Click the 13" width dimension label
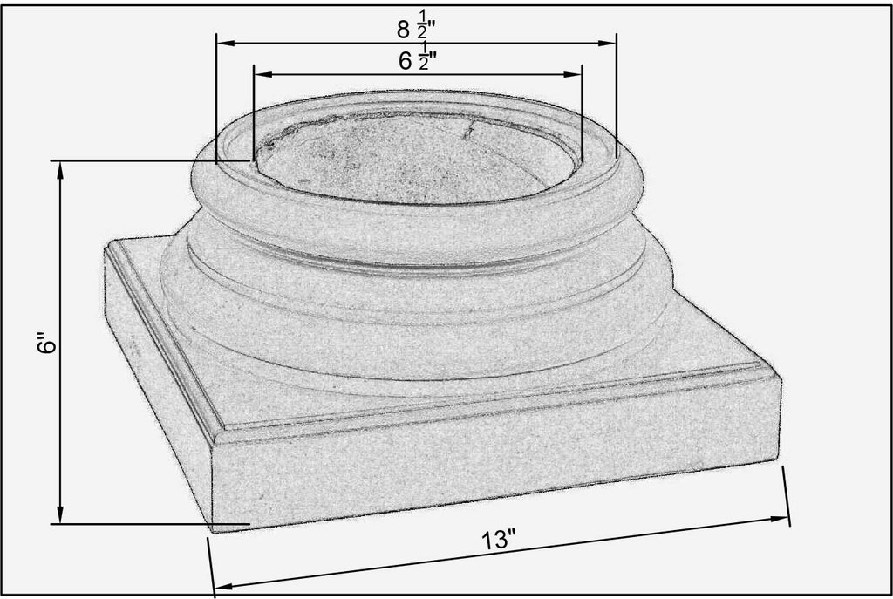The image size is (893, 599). click(500, 540)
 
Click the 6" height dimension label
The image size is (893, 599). click(48, 344)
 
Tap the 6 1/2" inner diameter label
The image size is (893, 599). click(417, 60)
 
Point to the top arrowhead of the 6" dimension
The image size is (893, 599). click(61, 167)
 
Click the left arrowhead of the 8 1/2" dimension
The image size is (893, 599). click(222, 42)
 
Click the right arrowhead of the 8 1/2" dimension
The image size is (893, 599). click(610, 42)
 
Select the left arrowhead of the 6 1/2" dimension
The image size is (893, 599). click(259, 74)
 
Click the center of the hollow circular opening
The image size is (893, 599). click(417, 157)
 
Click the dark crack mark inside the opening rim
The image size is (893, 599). click(468, 131)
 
